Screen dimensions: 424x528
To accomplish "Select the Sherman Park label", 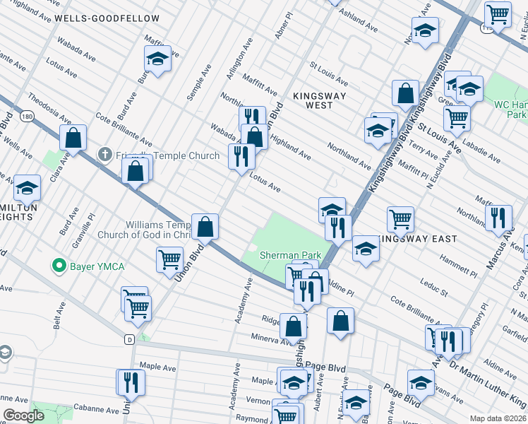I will [x=290, y=255].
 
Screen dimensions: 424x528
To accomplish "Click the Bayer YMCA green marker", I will [x=58, y=266].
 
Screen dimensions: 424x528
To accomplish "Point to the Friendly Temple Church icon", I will [x=104, y=153].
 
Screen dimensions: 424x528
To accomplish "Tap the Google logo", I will [x=23, y=416].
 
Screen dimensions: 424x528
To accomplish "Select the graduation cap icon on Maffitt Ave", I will [x=158, y=59].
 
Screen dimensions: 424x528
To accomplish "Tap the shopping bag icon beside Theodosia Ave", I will [x=73, y=139].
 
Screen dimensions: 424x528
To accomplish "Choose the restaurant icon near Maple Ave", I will [x=131, y=382].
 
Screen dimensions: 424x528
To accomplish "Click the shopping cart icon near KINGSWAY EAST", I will [x=400, y=219].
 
